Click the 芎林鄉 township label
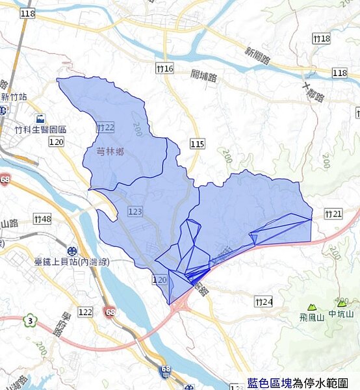(x=110, y=151)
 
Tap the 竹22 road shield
(x=105, y=127)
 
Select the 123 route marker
(x=135, y=212)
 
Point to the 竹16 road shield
(x=165, y=68)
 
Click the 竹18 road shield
(x=321, y=39)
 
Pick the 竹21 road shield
(x=333, y=214)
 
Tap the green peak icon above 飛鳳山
(x=312, y=306)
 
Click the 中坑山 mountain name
(x=341, y=315)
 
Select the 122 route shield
(x=85, y=313)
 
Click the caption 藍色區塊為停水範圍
(x=302, y=383)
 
